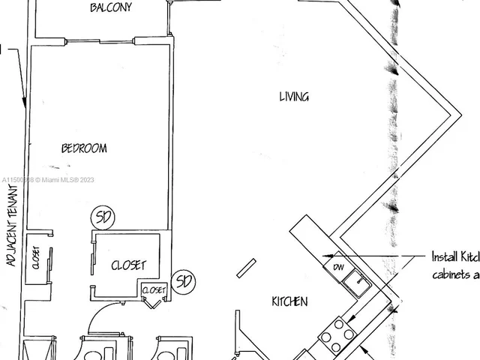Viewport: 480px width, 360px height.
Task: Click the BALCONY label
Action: coord(111,8)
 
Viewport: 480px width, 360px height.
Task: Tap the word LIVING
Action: coord(294,96)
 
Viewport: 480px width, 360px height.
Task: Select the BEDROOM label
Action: coord(84,148)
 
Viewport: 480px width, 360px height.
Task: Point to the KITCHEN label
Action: coord(289,301)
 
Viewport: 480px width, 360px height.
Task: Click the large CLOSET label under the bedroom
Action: coord(128,265)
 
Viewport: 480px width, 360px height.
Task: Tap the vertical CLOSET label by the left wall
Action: coord(35,257)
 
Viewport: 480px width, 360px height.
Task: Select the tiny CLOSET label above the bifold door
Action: coord(153,289)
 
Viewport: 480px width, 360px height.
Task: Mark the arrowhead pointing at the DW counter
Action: coord(325,256)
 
